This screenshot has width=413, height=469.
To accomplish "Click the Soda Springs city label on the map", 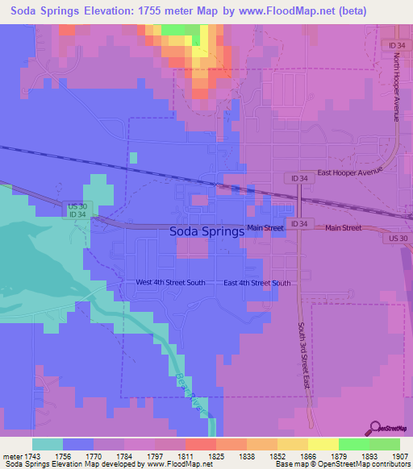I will pos(206,231).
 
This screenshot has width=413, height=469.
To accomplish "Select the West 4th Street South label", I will pos(170,283).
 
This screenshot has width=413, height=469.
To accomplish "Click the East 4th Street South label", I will pos(257,283).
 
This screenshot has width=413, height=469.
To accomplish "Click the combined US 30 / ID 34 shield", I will pos(75,210).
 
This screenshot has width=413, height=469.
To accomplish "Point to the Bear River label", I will pos(197,401).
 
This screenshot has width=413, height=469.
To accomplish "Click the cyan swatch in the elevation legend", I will pos(48,444).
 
